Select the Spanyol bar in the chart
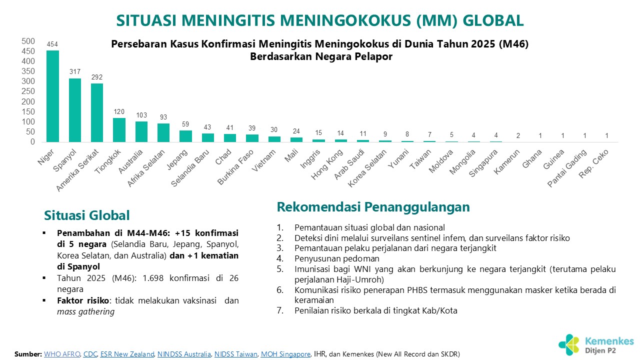(x=74, y=110)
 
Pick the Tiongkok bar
(x=119, y=130)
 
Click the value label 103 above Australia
(x=141, y=114)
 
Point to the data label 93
(x=163, y=117)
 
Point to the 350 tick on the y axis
(x=28, y=71)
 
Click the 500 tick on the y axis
(x=28, y=41)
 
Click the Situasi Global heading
(x=87, y=215)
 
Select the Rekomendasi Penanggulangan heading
(x=373, y=206)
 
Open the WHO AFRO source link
(x=62, y=354)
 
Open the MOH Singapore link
(x=285, y=354)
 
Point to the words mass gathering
(x=85, y=311)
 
